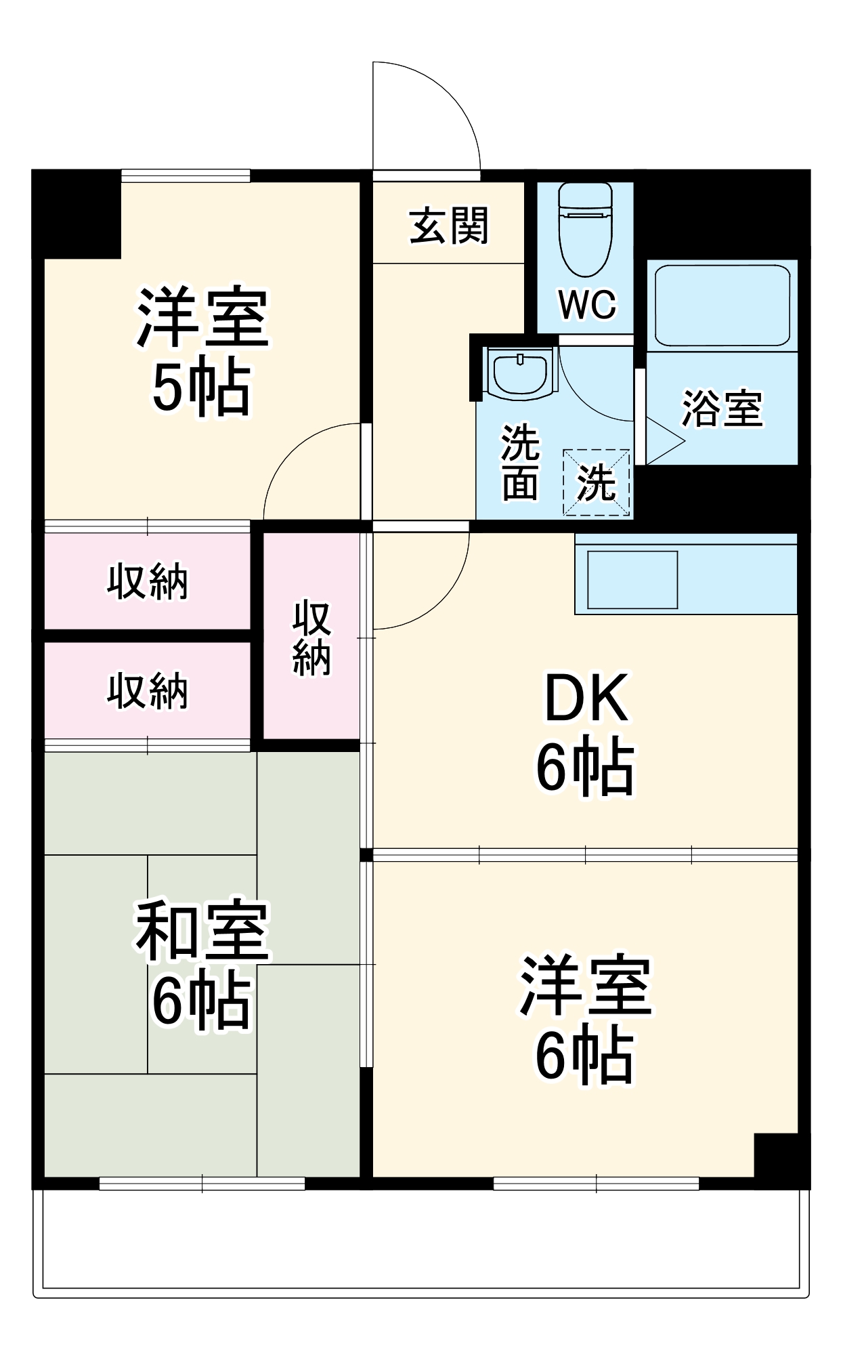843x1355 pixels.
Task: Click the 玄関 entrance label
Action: (449, 226)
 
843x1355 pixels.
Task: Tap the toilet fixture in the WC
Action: (585, 230)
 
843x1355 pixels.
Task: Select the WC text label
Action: (587, 304)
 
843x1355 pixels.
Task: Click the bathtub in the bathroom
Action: (722, 306)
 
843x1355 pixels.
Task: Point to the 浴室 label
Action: (722, 409)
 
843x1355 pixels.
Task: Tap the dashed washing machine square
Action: (597, 482)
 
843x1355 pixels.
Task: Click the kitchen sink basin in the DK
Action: (632, 579)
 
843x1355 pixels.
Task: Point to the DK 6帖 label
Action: (586, 732)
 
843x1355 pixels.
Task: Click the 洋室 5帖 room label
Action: (202, 352)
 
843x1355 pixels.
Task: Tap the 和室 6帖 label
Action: (202, 965)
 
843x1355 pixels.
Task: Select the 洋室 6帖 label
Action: (586, 1020)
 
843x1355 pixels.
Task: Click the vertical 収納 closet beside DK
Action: (311, 637)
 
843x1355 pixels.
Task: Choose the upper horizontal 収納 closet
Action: (147, 581)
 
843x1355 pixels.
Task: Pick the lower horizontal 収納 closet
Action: (147, 691)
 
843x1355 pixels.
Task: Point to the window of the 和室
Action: (202, 1184)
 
